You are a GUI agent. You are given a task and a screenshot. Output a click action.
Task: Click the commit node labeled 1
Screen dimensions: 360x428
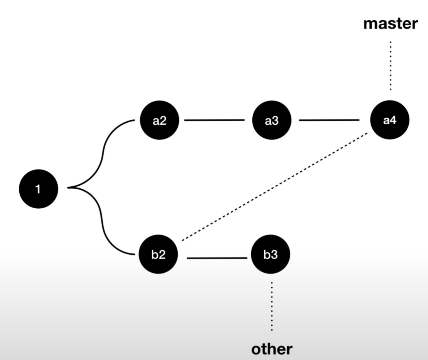click(x=38, y=189)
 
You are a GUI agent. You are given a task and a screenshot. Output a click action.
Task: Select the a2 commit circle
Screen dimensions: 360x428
click(x=159, y=120)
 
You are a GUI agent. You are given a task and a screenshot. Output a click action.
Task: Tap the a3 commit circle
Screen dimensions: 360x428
click(x=272, y=120)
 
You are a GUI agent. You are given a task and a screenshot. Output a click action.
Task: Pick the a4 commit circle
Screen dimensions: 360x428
click(x=390, y=120)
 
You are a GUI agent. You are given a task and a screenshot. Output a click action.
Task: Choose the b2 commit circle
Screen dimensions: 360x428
click(x=158, y=255)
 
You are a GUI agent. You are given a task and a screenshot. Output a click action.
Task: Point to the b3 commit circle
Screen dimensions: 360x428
click(x=270, y=255)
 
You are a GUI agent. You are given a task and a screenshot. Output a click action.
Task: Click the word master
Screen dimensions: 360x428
click(x=390, y=24)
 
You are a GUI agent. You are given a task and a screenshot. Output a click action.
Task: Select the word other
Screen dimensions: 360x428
click(x=272, y=349)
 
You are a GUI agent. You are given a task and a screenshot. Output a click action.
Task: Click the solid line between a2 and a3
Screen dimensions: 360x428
click(x=214, y=120)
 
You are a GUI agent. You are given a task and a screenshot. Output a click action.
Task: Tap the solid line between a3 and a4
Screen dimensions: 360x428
click(x=329, y=120)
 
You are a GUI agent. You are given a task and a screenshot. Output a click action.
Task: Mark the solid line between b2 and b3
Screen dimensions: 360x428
click(x=217, y=258)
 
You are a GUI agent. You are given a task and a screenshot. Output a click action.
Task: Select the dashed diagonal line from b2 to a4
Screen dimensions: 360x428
click(x=275, y=187)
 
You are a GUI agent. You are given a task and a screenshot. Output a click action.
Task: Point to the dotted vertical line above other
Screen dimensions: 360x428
click(x=272, y=306)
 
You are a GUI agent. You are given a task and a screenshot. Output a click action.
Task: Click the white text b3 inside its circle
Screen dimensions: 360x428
click(x=270, y=255)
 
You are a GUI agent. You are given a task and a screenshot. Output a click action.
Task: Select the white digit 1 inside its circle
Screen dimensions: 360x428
click(x=38, y=189)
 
